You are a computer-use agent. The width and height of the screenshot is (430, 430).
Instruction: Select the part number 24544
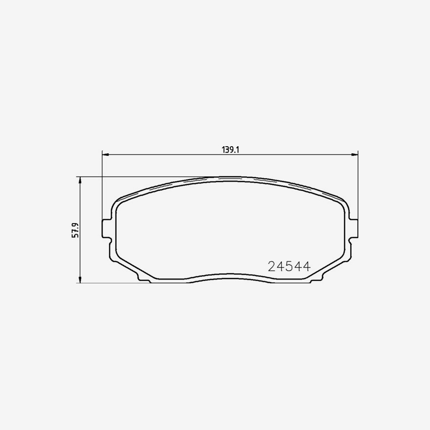289,267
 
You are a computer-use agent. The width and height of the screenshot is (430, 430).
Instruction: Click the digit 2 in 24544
272,267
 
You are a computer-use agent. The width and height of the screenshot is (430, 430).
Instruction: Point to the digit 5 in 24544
289,267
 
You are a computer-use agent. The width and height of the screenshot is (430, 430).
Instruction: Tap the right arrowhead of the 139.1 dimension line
355,154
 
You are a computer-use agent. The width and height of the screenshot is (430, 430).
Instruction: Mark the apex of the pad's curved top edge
230,177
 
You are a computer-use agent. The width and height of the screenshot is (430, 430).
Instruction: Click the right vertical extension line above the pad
358,186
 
